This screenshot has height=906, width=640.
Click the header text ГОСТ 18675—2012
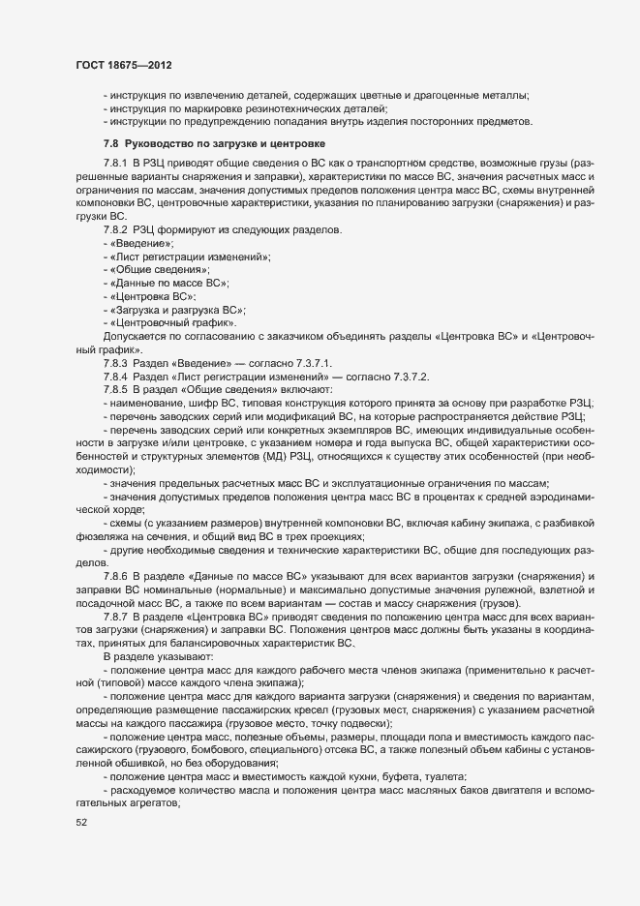pyautogui.click(x=118, y=65)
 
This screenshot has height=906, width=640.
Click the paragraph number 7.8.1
pyautogui.click(x=115, y=162)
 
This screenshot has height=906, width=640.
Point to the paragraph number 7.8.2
pyautogui.click(x=115, y=228)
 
